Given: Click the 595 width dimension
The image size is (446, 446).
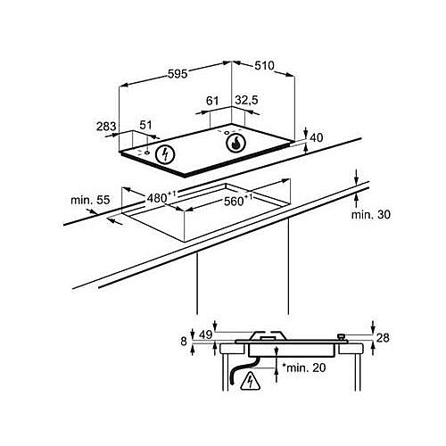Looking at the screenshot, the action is click(x=178, y=74).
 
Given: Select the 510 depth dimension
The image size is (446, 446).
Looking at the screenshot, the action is click(x=264, y=66).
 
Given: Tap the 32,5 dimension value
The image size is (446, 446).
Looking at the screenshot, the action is click(x=246, y=101).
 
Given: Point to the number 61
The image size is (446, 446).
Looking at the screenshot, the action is click(x=212, y=101).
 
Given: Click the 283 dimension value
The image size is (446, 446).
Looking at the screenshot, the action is click(x=106, y=127).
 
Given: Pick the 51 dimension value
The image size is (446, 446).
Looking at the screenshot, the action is click(x=145, y=125).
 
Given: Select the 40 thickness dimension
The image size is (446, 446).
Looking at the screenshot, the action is click(x=317, y=138).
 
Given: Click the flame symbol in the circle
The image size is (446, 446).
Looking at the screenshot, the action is click(x=235, y=143).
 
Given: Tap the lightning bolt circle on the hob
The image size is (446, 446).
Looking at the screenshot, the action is click(x=165, y=154).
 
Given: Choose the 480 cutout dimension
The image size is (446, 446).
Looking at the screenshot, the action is click(x=161, y=197).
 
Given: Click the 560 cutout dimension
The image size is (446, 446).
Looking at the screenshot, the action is click(x=238, y=201).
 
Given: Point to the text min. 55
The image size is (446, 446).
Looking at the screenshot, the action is click(x=90, y=200).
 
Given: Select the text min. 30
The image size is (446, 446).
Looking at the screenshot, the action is click(x=371, y=214).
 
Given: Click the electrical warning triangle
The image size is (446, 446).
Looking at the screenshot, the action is click(x=250, y=382).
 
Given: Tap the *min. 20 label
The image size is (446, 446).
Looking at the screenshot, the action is click(x=303, y=368).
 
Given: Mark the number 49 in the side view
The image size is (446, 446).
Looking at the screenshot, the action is click(x=206, y=335).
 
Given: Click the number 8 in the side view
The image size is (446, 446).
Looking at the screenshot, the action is click(x=184, y=342).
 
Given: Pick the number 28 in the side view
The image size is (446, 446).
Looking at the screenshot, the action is click(x=383, y=338).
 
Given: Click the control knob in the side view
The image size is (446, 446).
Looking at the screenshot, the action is click(x=342, y=338).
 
